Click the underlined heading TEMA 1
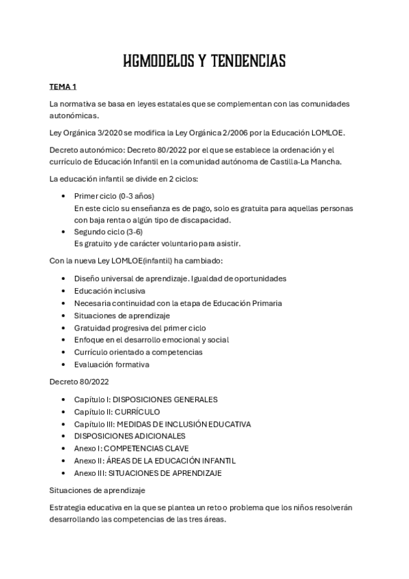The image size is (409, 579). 63,88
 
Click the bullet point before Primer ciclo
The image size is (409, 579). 64,195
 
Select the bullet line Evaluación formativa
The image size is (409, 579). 112,365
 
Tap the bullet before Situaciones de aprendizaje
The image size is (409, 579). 64,315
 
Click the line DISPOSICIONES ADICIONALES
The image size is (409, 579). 130,436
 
